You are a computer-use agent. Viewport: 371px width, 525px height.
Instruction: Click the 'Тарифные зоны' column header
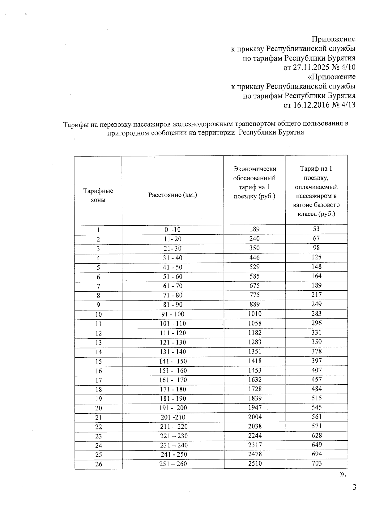tap(98, 195)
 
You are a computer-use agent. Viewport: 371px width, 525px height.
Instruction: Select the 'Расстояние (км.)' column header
tap(173, 195)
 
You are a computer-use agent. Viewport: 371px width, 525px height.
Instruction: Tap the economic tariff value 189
tap(254, 229)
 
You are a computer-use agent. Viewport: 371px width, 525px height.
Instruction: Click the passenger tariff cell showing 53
tap(316, 229)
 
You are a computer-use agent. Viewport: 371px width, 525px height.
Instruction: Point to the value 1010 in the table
tap(254, 314)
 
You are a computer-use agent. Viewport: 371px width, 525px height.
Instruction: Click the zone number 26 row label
tap(98, 464)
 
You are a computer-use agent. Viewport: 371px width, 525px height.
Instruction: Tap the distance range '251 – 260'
tap(173, 464)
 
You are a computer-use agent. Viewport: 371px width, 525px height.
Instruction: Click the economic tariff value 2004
tap(254, 417)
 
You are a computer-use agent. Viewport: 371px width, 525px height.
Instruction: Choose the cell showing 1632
tap(254, 379)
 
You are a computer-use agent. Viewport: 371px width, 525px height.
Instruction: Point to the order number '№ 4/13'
tap(343, 105)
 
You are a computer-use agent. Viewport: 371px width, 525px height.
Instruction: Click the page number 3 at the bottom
tap(354, 488)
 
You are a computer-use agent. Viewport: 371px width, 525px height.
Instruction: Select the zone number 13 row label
tap(98, 343)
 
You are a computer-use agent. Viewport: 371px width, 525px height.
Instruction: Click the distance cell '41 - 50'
tap(173, 267)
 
